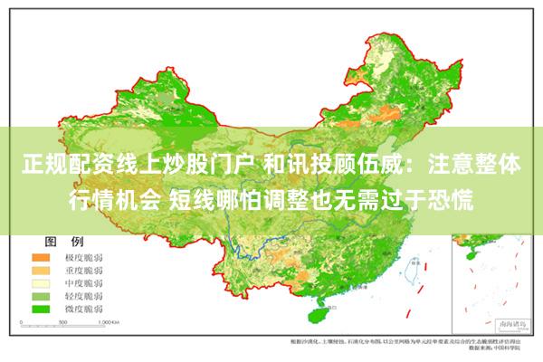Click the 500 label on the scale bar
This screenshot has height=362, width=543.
pyautogui.click(x=59, y=321)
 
